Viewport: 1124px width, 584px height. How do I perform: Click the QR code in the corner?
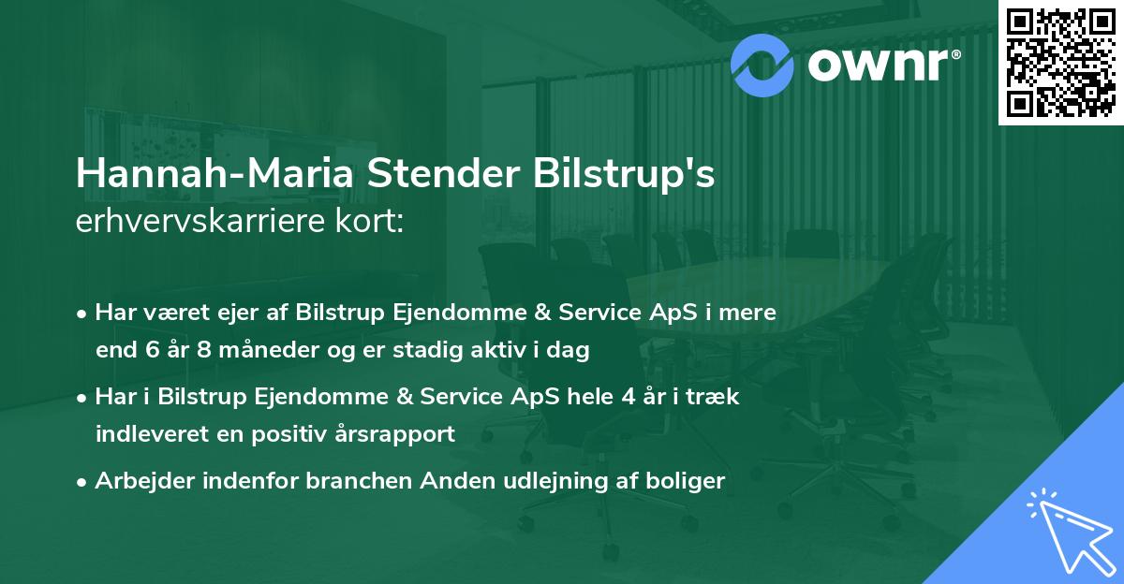point(1060,62)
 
